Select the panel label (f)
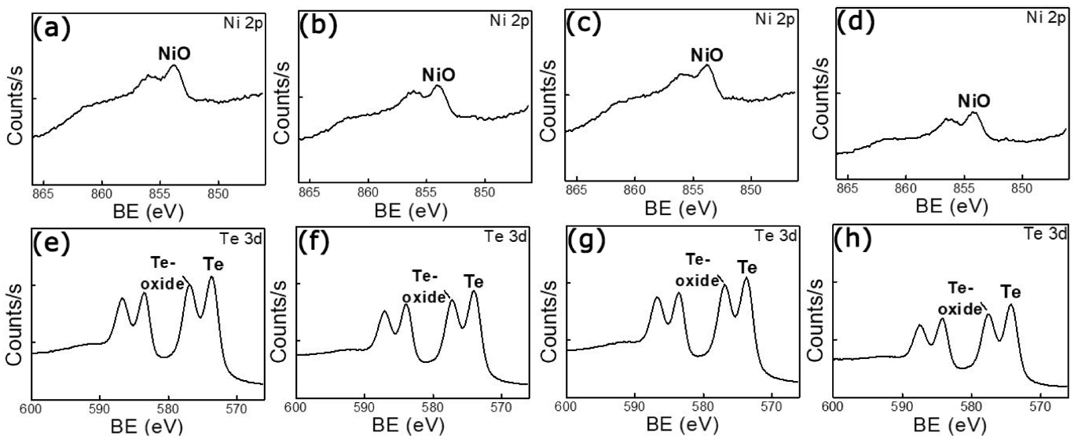tap(314, 243)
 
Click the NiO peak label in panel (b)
tap(438, 75)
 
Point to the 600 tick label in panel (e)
tap(32, 409)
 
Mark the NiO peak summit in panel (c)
tap(707, 66)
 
